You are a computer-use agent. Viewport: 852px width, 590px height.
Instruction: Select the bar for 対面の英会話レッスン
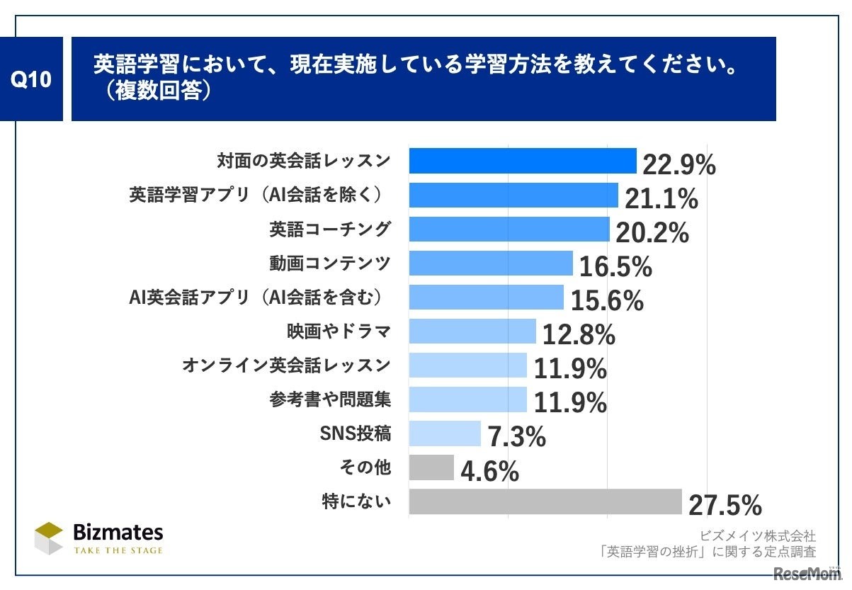523,161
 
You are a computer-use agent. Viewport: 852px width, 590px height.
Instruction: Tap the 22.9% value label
678,165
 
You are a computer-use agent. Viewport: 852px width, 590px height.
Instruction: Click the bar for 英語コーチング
509,229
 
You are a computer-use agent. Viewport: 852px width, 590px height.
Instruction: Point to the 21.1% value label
660,199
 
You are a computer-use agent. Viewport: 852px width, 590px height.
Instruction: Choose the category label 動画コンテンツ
329,263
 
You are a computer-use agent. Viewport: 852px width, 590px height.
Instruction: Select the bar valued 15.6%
486,297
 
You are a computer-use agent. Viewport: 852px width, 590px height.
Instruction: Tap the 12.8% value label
578,335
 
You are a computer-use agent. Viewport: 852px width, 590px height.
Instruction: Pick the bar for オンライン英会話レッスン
467,365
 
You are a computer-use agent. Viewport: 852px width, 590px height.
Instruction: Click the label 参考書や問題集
329,399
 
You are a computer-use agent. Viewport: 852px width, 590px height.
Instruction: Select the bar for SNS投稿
445,433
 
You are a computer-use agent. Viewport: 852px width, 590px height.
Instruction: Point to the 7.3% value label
516,438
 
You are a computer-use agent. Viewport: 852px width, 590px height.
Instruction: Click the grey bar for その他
431,467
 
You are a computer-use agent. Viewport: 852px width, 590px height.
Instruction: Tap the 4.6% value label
489,472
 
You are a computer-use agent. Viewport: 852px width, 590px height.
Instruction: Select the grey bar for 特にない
545,501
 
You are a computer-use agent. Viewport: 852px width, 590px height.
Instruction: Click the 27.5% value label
724,506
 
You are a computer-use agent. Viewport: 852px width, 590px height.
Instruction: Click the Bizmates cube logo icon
49,538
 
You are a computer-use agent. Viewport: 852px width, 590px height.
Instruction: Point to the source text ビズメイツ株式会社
757,536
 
